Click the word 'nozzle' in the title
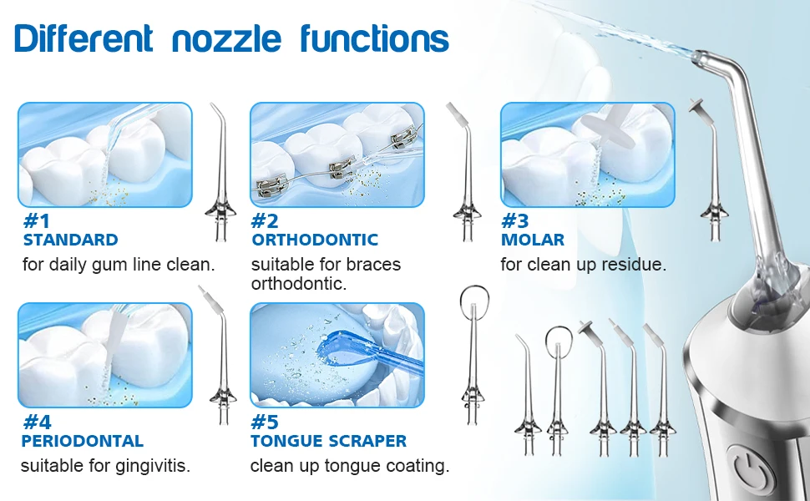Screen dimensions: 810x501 click(x=226, y=39)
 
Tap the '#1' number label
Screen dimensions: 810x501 click(x=37, y=221)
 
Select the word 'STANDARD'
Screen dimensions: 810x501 click(x=71, y=240)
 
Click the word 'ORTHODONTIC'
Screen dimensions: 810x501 click(x=315, y=240)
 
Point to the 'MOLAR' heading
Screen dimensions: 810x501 click(x=533, y=240)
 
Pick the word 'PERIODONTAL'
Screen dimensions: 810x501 click(x=82, y=441)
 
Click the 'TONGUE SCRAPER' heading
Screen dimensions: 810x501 click(x=328, y=441)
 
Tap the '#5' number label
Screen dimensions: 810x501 click(x=265, y=422)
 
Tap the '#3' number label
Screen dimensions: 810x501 click(x=514, y=221)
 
